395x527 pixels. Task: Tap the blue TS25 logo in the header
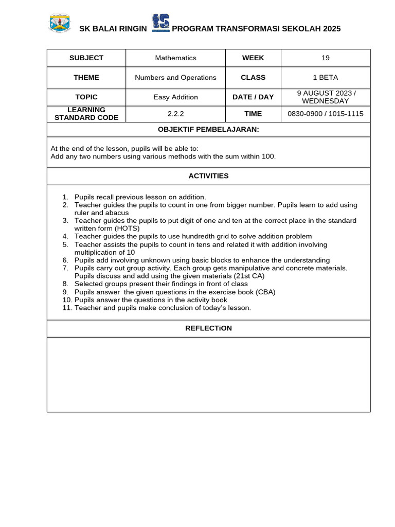160,24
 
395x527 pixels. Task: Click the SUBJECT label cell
86,58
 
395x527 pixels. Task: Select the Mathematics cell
175,58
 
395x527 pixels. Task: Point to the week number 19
326,58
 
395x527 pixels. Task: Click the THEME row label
86,78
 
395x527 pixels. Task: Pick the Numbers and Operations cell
175,78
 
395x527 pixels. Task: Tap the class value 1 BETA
326,78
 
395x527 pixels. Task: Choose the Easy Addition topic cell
175,97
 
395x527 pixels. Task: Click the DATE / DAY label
253,97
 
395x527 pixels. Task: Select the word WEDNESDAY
326,101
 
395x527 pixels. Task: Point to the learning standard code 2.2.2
175,114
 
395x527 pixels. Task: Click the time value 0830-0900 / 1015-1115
326,114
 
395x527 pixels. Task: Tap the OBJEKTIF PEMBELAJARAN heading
208,129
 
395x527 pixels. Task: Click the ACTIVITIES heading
208,176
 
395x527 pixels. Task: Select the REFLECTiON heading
208,328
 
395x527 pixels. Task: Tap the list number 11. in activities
67,308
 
